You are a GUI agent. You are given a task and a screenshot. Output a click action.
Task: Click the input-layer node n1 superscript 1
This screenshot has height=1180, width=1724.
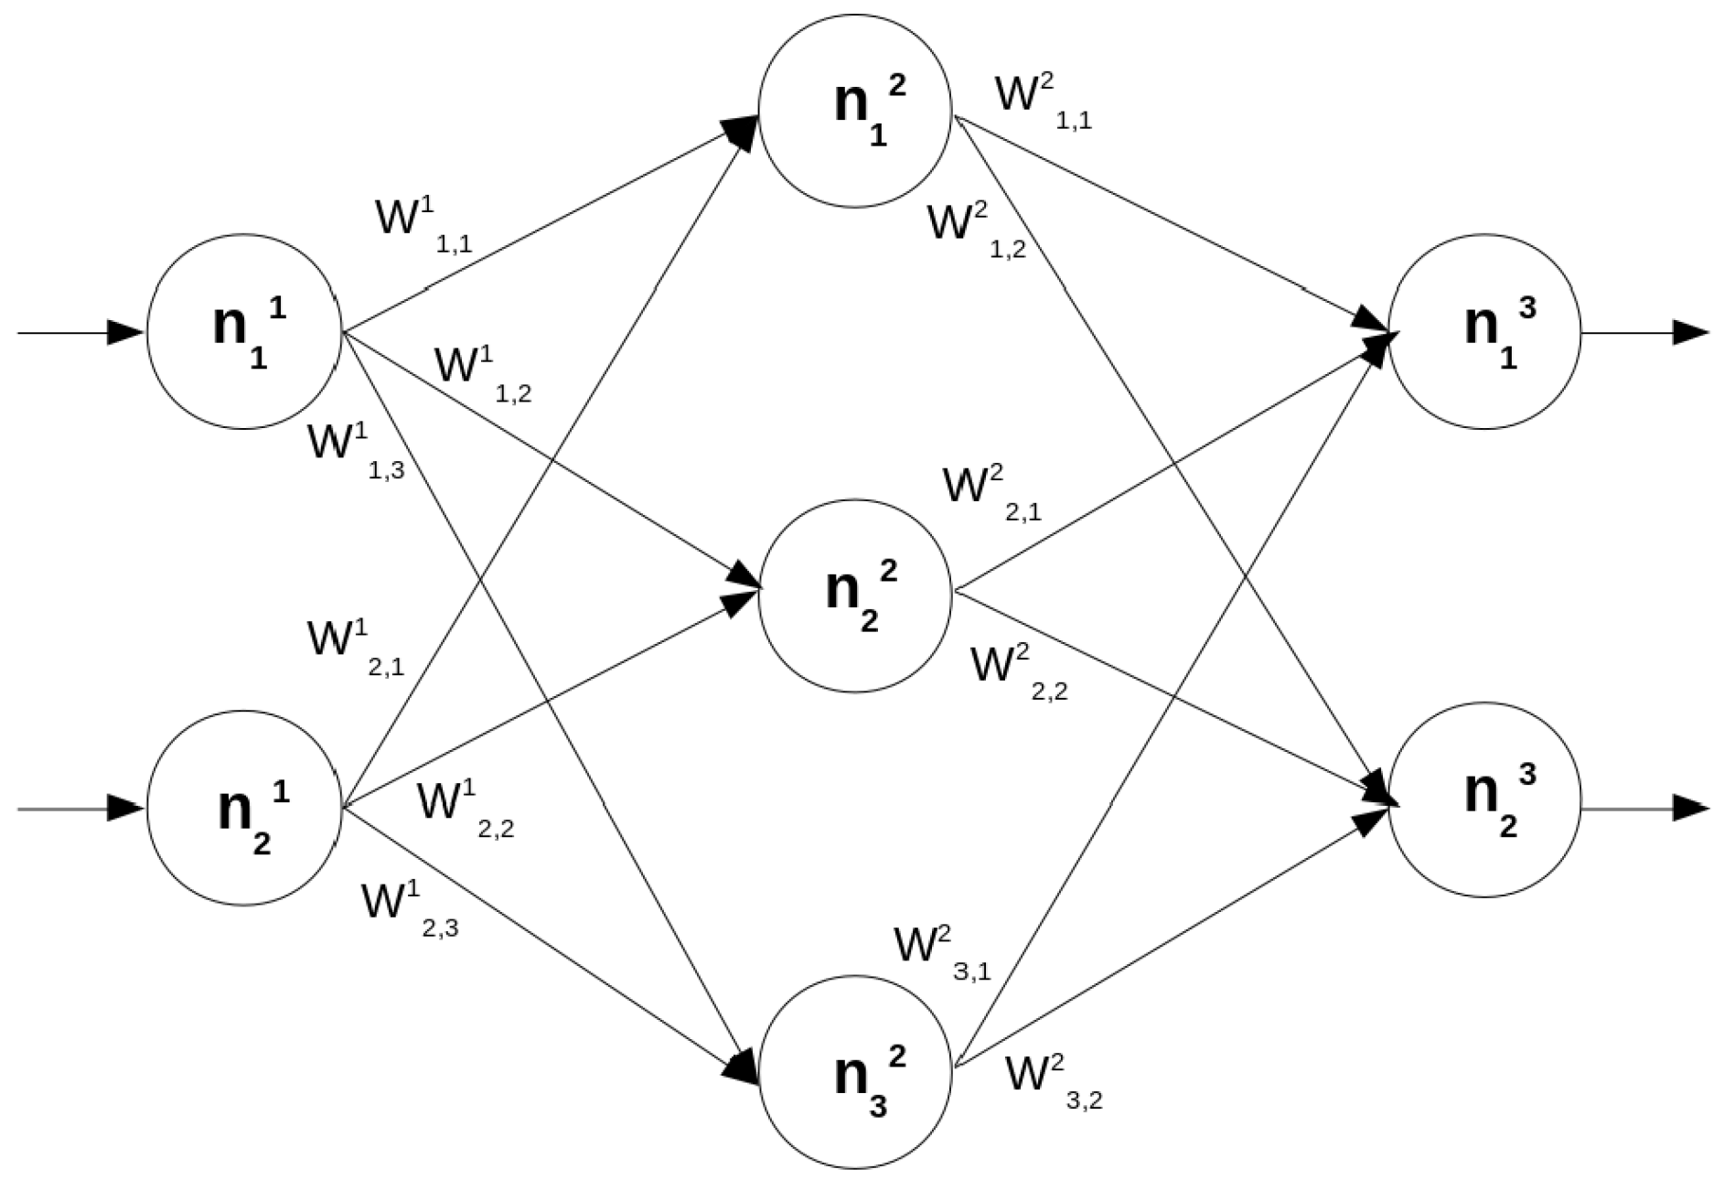coord(244,331)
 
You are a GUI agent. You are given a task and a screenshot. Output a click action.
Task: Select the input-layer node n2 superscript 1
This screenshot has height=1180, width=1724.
coord(244,809)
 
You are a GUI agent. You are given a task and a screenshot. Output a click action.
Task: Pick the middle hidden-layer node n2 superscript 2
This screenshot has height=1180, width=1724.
coord(855,595)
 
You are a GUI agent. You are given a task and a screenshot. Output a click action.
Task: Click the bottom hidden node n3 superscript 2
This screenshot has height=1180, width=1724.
coord(855,1072)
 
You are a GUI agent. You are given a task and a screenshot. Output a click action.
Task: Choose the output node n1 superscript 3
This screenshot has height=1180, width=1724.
coord(1483,331)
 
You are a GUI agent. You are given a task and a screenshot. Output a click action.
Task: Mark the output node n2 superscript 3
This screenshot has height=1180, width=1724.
coord(1483,799)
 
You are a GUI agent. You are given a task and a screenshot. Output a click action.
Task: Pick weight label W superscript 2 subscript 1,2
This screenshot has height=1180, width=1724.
coord(974,231)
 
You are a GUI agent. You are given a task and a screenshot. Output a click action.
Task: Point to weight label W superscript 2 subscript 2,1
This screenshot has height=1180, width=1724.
coord(990,493)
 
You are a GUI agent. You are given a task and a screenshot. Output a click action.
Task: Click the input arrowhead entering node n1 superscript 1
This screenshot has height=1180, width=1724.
coord(126,333)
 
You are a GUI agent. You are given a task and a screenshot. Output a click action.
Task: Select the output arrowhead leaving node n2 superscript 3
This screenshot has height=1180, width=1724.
coord(1690,809)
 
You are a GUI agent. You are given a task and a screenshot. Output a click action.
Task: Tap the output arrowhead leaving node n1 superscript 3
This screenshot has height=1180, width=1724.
coord(1690,333)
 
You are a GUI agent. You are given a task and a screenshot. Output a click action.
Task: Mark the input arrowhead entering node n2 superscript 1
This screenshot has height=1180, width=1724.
coord(126,809)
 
